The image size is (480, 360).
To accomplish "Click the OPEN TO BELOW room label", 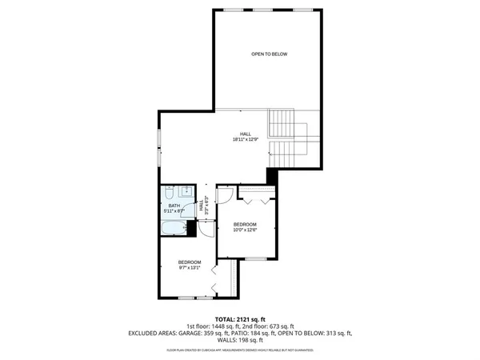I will click(x=269, y=54).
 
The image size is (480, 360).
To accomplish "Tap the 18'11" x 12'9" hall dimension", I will click(x=246, y=139).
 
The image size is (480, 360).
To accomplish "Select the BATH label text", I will click(x=174, y=206).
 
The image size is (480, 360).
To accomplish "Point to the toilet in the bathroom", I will click(x=170, y=194).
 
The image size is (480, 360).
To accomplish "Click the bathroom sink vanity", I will click(x=185, y=191).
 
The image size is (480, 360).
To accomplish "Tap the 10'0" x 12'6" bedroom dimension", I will click(x=245, y=230).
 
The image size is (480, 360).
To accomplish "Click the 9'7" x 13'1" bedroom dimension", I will click(x=190, y=268).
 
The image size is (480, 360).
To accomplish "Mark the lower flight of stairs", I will click(x=282, y=152).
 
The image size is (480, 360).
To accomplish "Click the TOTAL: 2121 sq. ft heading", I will click(x=240, y=318).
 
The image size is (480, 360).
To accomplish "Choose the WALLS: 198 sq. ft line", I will click(x=240, y=340).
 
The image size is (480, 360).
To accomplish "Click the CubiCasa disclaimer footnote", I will click(x=240, y=350).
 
